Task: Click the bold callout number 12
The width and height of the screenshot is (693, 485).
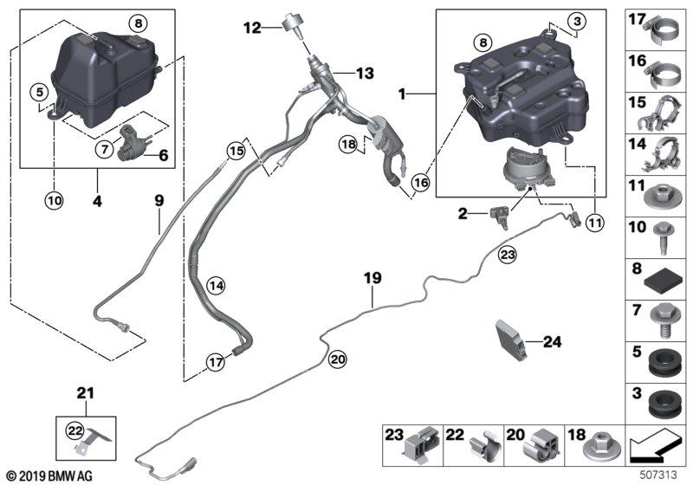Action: [252, 29]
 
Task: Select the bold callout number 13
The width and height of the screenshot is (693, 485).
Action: [365, 73]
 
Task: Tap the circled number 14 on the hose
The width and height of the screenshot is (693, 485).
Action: [217, 286]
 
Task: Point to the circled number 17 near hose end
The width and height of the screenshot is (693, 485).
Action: [216, 362]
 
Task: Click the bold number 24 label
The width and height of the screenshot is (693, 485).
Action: [552, 342]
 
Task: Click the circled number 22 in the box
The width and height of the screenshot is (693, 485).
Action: [74, 430]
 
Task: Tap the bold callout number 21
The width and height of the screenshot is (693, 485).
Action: [85, 392]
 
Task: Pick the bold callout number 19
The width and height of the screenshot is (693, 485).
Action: [372, 278]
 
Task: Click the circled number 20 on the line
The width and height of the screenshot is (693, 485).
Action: [338, 359]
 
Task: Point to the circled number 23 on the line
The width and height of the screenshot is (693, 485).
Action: [508, 255]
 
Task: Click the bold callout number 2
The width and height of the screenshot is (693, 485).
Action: [463, 214]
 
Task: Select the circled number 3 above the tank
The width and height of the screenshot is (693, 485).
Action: [577, 21]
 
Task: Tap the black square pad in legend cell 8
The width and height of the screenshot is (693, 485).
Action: [661, 284]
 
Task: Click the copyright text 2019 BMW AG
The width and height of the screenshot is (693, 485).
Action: [50, 476]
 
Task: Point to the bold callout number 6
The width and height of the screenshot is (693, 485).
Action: [163, 155]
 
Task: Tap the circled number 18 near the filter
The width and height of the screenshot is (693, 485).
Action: [348, 144]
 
